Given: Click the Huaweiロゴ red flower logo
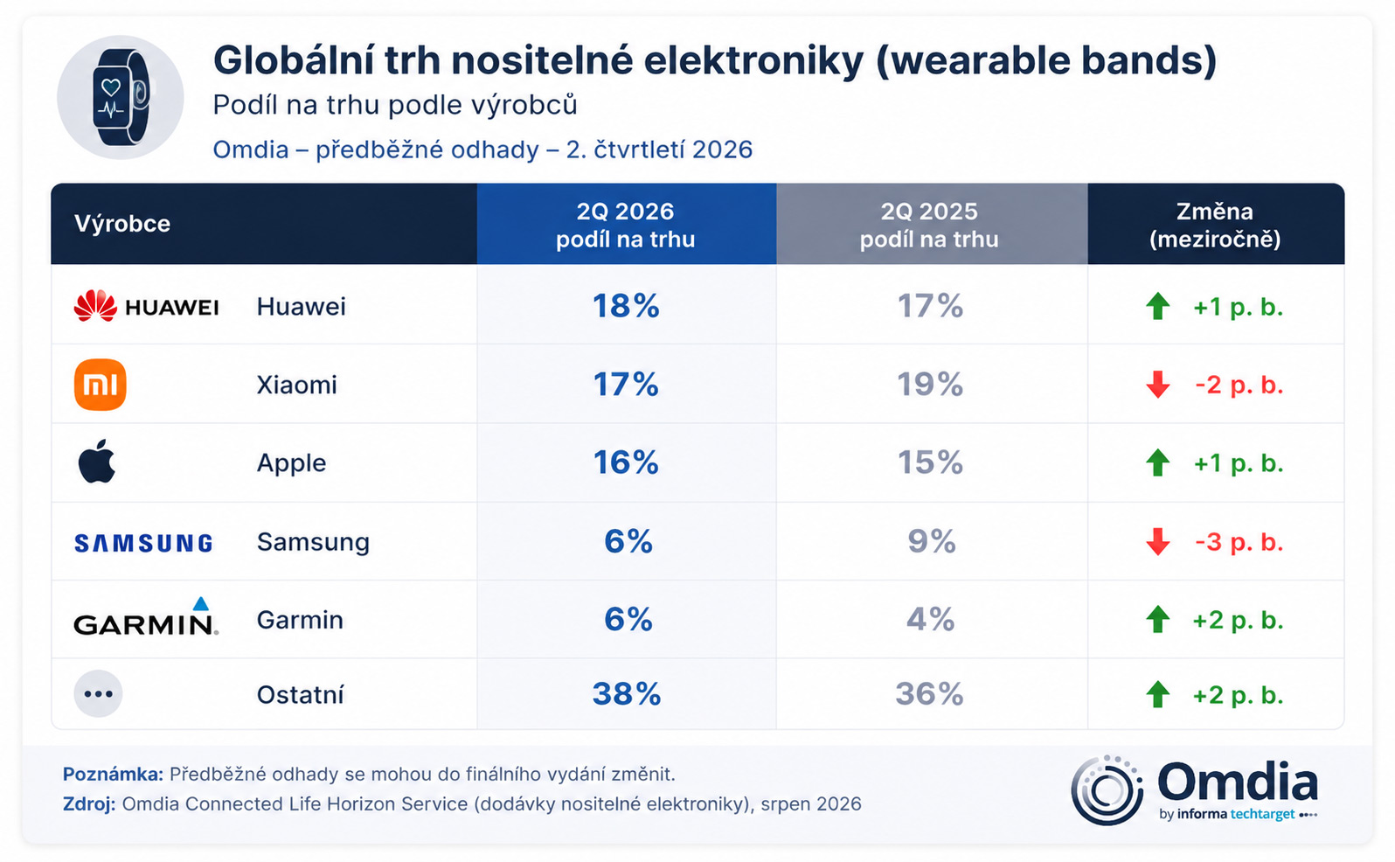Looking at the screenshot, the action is point(95,306).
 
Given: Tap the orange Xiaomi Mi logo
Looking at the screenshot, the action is point(101,385).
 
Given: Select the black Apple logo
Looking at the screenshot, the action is point(97,461).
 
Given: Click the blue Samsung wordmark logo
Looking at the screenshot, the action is point(144,543).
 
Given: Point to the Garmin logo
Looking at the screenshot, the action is point(146,617).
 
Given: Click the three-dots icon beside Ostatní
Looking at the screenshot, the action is point(99,694).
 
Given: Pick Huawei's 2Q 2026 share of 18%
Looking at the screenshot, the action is point(626,306).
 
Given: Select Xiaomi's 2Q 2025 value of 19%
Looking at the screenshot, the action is point(930,385).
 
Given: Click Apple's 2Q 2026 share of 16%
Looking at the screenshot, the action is point(626,462).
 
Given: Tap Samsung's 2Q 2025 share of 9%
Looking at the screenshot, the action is point(932,541).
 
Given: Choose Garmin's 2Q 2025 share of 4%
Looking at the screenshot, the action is point(930,619).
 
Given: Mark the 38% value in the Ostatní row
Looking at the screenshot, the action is point(627,694).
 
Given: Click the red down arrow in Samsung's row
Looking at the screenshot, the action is point(1158,541).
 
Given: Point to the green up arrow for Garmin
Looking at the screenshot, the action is point(1158,619).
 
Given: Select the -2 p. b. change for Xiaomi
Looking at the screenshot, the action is point(1239,386).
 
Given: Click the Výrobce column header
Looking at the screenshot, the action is point(122,224).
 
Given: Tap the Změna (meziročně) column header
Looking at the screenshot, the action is point(1215,225).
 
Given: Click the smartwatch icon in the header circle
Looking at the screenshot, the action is point(121,96).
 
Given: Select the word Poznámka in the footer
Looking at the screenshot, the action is point(113,775).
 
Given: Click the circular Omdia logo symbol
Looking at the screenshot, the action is point(1107,789).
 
